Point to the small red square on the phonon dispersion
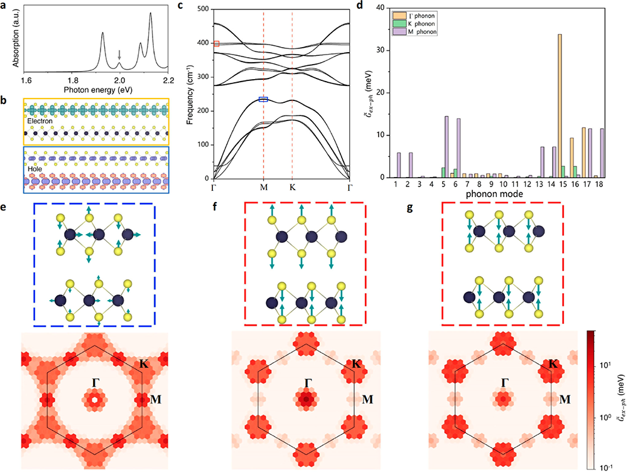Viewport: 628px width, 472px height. pos(216,44)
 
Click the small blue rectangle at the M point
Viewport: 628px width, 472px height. pos(263,99)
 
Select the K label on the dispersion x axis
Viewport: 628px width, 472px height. pos(292,187)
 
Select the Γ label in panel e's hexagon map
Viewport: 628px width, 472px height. pos(96,382)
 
